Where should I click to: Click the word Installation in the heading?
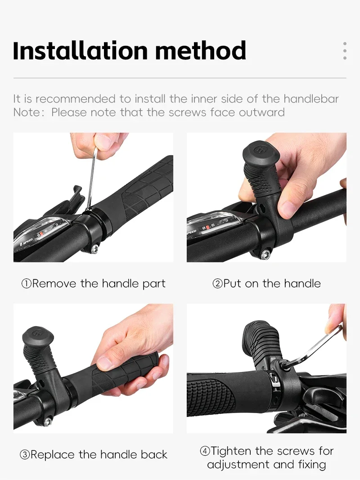[x=80, y=50]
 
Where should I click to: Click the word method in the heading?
[x=201, y=50]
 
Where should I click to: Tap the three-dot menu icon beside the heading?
[x=345, y=50]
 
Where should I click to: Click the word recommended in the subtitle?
[x=76, y=99]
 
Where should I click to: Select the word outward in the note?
[x=262, y=112]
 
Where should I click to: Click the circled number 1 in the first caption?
[x=27, y=284]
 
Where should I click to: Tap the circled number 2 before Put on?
[x=217, y=284]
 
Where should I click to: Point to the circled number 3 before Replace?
[x=25, y=455]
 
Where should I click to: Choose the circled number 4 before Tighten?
[x=205, y=451]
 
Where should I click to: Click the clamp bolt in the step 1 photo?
[x=95, y=249]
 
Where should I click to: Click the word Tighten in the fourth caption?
[x=232, y=451]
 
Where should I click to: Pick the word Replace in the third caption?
[x=53, y=455]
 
